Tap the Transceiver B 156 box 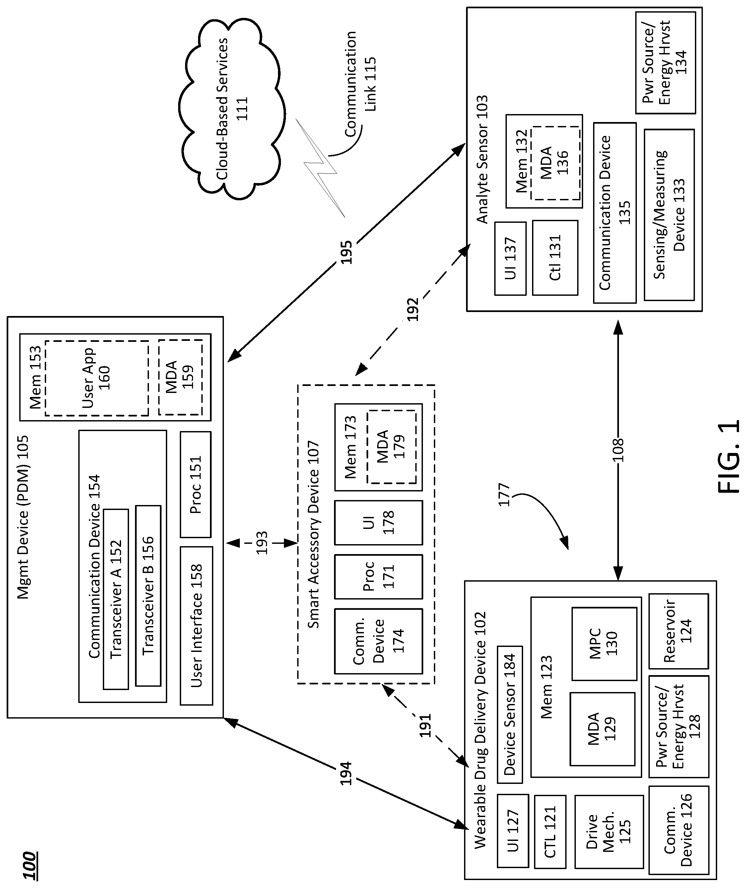point(148,596)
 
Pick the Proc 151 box point(195,484)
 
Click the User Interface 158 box point(196,626)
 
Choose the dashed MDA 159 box point(180,378)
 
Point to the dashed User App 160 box point(97,378)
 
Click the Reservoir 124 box point(678,631)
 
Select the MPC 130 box point(604,644)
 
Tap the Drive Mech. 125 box point(609,831)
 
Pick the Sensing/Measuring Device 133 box point(669,215)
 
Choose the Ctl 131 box point(555,258)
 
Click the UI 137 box point(510,258)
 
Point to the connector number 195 point(346,252)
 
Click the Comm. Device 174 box point(378,641)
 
